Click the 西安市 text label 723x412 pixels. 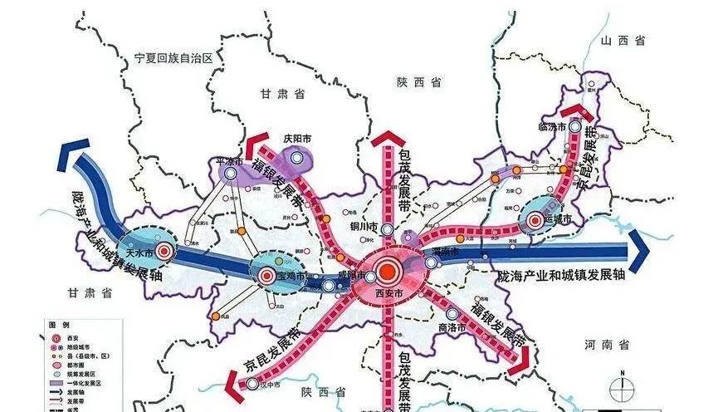[x=385, y=293]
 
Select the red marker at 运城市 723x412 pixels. [x=533, y=221]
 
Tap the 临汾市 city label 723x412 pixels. [x=551, y=127]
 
